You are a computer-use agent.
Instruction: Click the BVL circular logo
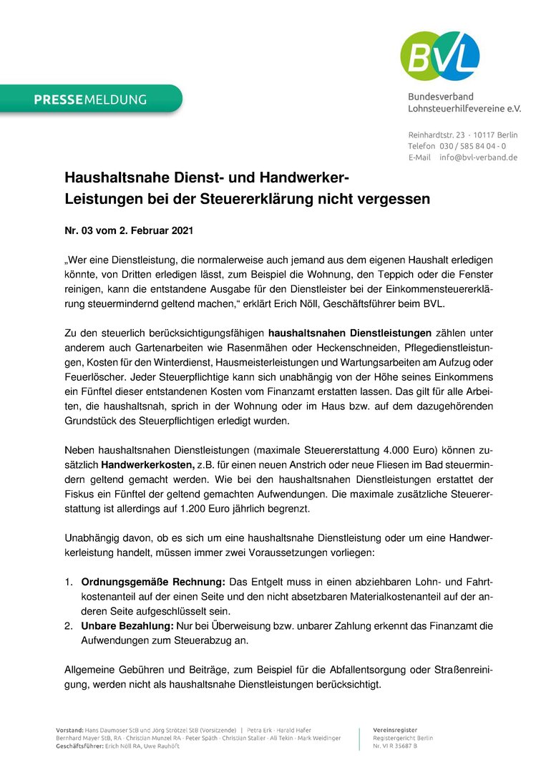pyautogui.click(x=439, y=56)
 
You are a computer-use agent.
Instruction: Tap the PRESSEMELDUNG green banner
pyautogui.click(x=90, y=99)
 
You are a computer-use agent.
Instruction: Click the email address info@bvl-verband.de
pyautogui.click(x=478, y=157)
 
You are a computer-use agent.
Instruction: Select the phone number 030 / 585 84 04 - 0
pyautogui.click(x=472, y=146)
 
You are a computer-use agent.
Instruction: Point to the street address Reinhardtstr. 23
pyautogui.click(x=437, y=135)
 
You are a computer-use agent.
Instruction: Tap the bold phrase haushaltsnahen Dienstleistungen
pyautogui.click(x=349, y=333)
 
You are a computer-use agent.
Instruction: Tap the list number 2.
pyautogui.click(x=69, y=626)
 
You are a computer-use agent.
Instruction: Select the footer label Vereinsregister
pyautogui.click(x=395, y=729)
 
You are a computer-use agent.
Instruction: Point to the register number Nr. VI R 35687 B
pyautogui.click(x=395, y=746)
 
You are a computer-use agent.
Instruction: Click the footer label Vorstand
pyautogui.click(x=70, y=729)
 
